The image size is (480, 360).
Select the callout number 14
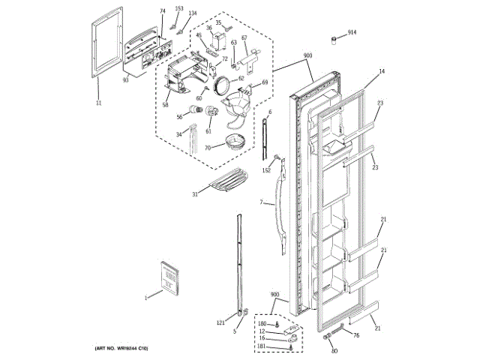tap(381, 71)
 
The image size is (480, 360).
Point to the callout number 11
tap(98, 103)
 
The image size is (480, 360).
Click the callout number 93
tap(125, 79)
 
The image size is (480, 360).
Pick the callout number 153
tap(178, 8)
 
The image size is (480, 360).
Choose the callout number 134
tap(193, 13)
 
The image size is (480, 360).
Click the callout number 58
tap(165, 104)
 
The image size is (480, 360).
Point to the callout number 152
tap(266, 170)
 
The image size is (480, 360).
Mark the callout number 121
tap(220, 322)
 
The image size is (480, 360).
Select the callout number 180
tap(262, 323)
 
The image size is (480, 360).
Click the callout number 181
tap(262, 346)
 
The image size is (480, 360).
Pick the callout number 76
tap(356, 335)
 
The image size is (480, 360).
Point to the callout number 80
tap(334, 351)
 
